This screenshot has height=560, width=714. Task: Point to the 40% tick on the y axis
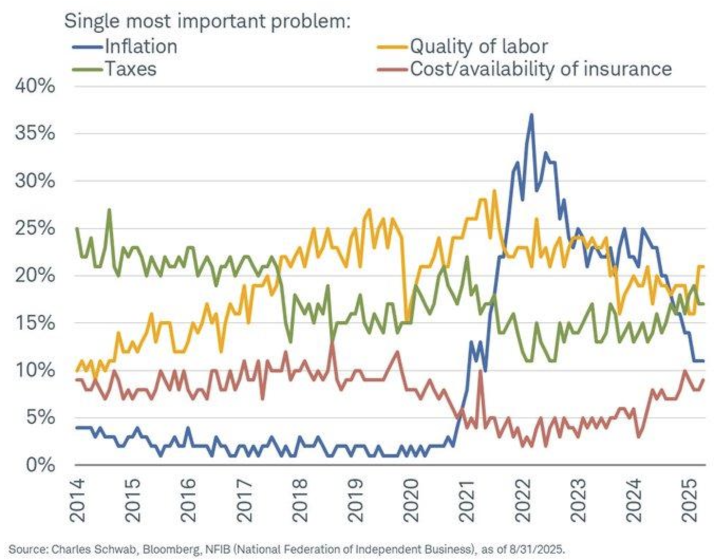point(35,86)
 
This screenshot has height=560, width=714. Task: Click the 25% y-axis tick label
point(35,228)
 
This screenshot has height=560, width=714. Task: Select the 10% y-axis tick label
point(35,370)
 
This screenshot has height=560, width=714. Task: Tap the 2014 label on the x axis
point(77,500)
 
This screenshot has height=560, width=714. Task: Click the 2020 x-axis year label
point(410,500)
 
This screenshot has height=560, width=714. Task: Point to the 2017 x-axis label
point(244,500)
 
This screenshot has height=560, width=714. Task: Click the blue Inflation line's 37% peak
point(531,115)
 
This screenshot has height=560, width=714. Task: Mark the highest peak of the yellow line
point(494,191)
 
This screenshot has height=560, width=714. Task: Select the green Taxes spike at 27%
point(109,210)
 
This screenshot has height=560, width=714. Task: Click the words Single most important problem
point(207,21)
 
